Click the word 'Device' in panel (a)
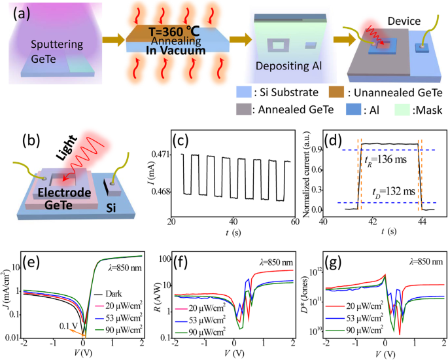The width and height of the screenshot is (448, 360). point(400,20)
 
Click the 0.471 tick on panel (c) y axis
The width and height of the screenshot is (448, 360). point(164,155)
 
